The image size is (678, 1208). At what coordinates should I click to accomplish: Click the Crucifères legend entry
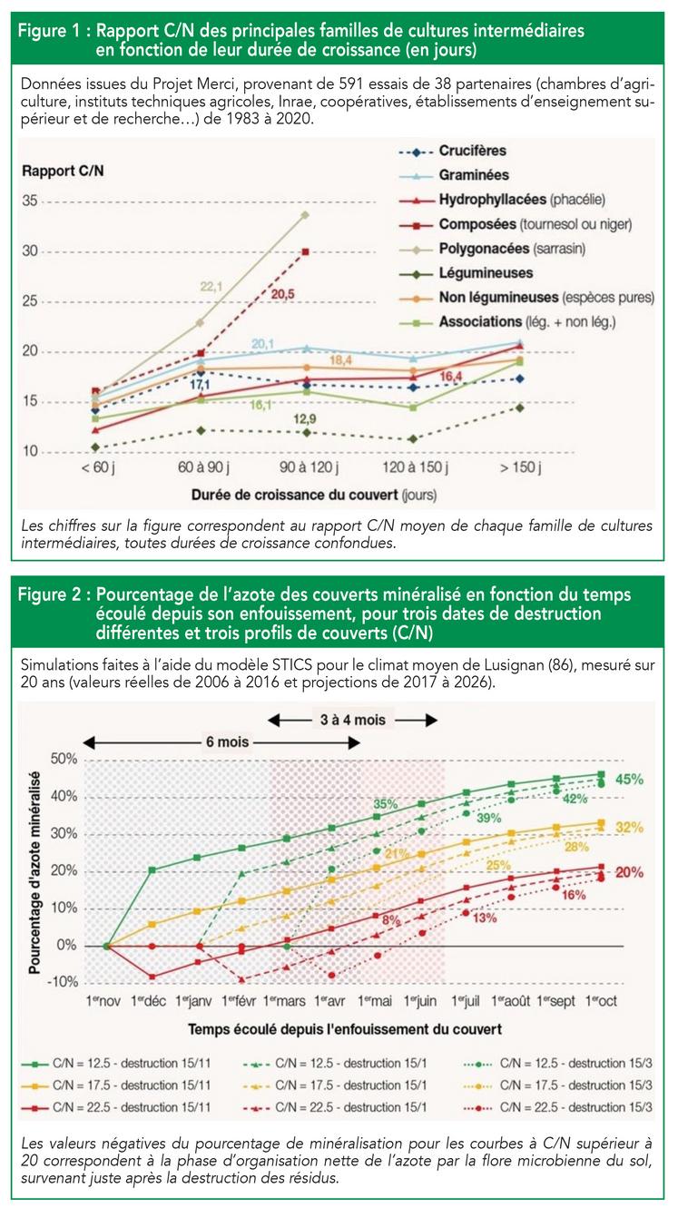point(473,151)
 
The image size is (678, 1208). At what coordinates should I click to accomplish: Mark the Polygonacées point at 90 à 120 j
point(305,215)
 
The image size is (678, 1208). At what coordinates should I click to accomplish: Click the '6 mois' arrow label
point(227,741)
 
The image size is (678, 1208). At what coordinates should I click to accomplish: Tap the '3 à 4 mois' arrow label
point(354,720)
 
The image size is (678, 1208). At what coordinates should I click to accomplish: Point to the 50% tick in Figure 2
point(65,758)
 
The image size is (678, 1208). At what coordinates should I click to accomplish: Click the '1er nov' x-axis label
point(106,1001)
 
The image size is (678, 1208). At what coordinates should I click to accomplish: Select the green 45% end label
point(629,779)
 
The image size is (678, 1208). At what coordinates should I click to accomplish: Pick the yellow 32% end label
point(628,828)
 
